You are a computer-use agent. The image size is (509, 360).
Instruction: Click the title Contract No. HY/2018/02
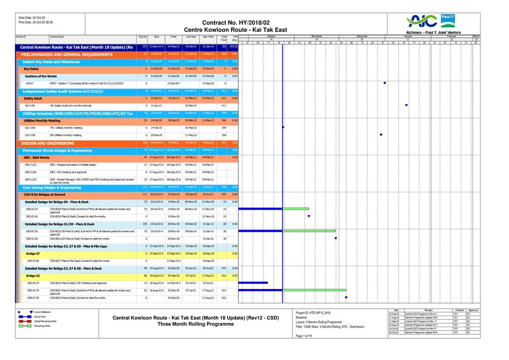point(236,23)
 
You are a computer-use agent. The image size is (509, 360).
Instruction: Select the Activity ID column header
point(21,37)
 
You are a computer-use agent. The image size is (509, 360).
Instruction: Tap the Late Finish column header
point(208,37)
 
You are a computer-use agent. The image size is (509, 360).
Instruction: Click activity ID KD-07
point(30,83)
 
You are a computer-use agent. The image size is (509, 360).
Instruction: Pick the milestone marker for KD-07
point(385,83)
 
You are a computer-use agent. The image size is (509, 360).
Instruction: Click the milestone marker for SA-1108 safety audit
point(406,105)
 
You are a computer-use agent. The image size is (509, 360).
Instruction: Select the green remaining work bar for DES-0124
point(296,208)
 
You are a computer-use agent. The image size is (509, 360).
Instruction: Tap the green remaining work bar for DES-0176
point(315,290)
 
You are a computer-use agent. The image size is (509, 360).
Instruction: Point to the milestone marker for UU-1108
point(381,134)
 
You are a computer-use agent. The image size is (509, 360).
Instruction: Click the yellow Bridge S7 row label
point(33,253)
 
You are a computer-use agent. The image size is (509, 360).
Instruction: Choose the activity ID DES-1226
point(31,180)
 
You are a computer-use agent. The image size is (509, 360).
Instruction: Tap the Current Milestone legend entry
point(43,312)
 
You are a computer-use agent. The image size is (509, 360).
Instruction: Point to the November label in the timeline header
point(316,36)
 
